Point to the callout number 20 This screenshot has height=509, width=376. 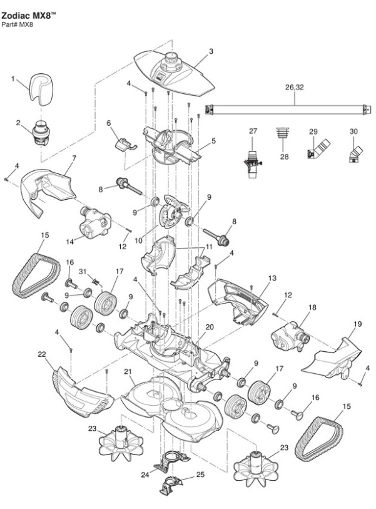[210, 327]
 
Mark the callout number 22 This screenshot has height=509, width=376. [43, 354]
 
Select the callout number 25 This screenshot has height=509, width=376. [200, 475]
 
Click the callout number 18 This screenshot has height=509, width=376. [312, 307]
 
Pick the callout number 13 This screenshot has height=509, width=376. [272, 277]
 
